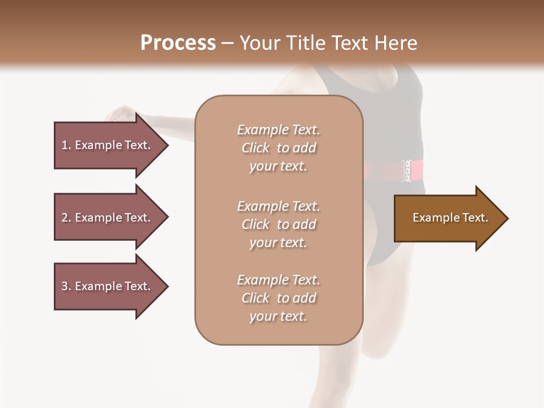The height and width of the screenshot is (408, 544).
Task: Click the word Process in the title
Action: click(178, 43)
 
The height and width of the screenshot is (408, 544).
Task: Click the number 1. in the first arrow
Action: click(66, 145)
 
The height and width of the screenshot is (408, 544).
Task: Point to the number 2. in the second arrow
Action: click(66, 218)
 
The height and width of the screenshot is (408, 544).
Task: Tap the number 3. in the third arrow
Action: click(66, 286)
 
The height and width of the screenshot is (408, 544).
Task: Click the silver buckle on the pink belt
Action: click(407, 171)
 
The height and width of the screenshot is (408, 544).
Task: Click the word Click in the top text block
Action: click(256, 148)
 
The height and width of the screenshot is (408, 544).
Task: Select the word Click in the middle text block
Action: click(256, 224)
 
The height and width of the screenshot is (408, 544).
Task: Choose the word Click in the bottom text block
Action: click(256, 298)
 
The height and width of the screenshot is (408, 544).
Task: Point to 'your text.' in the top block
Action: click(278, 167)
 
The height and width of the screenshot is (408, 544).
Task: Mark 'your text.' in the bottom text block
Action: click(278, 317)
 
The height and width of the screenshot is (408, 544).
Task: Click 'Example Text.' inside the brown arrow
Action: click(450, 218)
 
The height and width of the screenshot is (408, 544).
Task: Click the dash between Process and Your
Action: click(228, 44)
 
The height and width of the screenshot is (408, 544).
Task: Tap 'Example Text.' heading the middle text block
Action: click(278, 206)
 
